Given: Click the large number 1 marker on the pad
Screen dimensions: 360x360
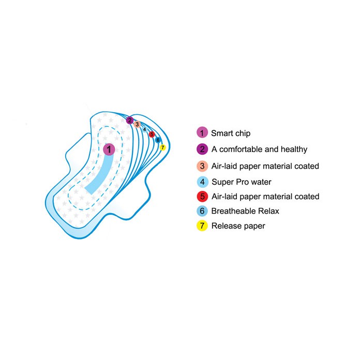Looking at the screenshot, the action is pyautogui.click(x=109, y=149).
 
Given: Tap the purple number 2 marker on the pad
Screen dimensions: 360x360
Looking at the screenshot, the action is pyautogui.click(x=130, y=120).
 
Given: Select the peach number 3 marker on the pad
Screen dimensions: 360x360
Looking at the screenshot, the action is pyautogui.click(x=137, y=124).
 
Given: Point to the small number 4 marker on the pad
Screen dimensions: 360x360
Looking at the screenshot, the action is pyautogui.click(x=144, y=129).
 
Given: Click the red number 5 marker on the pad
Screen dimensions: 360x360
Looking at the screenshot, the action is pyautogui.click(x=152, y=134).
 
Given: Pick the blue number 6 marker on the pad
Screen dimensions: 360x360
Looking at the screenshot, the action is pyautogui.click(x=158, y=140).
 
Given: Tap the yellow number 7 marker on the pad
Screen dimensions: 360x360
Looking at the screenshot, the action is pyautogui.click(x=162, y=147).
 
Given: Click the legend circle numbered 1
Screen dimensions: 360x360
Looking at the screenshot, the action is pyautogui.click(x=202, y=132).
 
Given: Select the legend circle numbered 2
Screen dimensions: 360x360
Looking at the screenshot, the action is pyautogui.click(x=202, y=149).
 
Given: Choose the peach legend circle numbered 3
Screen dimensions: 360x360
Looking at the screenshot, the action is pyautogui.click(x=202, y=166).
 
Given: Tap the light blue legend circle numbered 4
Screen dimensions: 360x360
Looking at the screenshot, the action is pyautogui.click(x=203, y=182).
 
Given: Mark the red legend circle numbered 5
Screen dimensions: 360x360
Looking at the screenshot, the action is pyautogui.click(x=202, y=197).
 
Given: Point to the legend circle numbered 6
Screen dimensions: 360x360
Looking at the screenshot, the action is pyautogui.click(x=202, y=211).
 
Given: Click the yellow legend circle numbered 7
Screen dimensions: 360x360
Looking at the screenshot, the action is pyautogui.click(x=202, y=226).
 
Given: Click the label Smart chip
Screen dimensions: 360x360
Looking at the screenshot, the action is pyautogui.click(x=231, y=133).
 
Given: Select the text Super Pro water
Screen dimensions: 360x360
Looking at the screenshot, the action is pyautogui.click(x=242, y=182).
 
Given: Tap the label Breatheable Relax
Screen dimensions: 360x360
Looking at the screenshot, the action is pyautogui.click(x=245, y=211).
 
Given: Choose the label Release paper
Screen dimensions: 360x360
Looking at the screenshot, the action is pyautogui.click(x=238, y=226).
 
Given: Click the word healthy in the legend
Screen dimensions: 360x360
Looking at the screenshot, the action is pyautogui.click(x=294, y=149).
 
